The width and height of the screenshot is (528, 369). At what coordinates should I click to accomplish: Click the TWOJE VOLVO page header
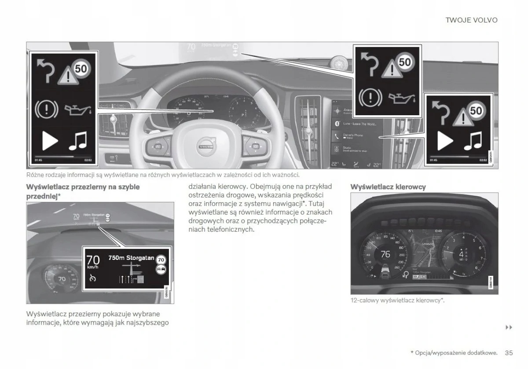[471, 20]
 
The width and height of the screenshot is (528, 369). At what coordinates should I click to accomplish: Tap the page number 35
[509, 352]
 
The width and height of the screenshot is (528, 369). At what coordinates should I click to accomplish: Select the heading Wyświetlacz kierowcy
[388, 187]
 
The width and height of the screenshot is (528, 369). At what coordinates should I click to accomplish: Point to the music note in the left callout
[78, 140]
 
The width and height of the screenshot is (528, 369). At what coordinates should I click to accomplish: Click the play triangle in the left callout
[49, 141]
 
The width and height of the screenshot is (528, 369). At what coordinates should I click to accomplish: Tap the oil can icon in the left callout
[79, 109]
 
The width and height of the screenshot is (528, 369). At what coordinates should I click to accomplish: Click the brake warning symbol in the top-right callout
[370, 97]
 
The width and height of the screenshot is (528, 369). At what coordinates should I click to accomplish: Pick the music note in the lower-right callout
[473, 141]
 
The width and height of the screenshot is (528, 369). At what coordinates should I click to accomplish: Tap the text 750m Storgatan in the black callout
[131, 258]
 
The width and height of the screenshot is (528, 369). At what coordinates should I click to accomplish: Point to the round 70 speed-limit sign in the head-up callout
[161, 259]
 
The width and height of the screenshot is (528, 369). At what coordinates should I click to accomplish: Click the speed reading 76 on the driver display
[385, 254]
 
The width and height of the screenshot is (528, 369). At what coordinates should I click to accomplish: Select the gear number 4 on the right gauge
[461, 254]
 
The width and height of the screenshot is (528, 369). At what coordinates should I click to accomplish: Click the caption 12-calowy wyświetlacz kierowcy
[397, 300]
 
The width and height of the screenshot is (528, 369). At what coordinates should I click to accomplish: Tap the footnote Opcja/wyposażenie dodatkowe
[454, 353]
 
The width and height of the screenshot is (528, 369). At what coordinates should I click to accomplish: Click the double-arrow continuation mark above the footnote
[509, 327]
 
